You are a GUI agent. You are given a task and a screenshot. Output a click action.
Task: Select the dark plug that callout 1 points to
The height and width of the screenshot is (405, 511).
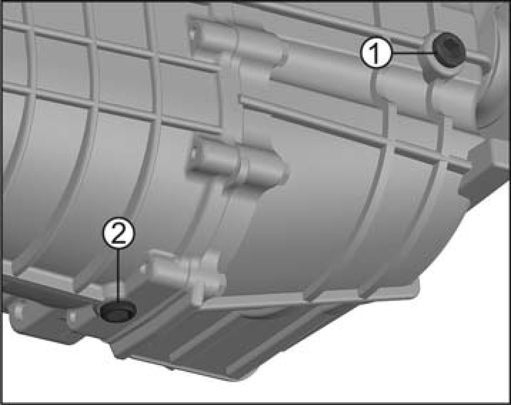coord(448,50)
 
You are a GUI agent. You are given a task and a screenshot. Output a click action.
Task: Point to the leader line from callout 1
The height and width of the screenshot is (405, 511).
coord(412,53)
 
